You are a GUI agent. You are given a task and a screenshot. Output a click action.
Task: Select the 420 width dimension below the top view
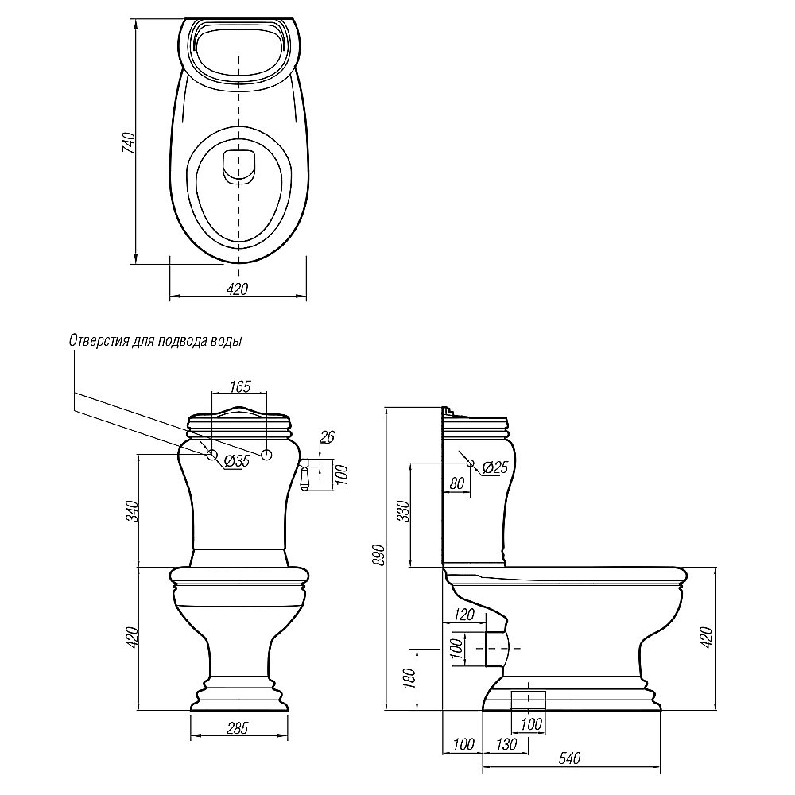(x=238, y=289)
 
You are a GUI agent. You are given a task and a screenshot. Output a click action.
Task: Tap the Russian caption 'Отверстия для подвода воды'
(x=156, y=340)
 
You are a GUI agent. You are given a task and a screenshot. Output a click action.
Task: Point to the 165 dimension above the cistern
(x=240, y=387)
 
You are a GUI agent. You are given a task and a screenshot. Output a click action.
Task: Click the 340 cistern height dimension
(x=133, y=510)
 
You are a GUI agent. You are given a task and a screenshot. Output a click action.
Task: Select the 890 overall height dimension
(x=378, y=556)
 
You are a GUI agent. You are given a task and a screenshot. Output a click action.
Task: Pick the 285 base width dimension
(x=238, y=727)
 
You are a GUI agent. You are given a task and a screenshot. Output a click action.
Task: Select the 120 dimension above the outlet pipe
(x=463, y=615)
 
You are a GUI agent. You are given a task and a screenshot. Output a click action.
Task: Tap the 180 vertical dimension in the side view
(x=406, y=677)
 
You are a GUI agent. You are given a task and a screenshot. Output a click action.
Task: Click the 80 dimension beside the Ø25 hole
(x=456, y=482)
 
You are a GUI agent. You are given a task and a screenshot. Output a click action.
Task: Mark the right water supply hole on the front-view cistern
(x=267, y=455)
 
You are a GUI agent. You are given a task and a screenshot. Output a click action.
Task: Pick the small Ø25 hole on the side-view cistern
(x=470, y=463)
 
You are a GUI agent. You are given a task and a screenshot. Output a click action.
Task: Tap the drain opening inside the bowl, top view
(x=238, y=165)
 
